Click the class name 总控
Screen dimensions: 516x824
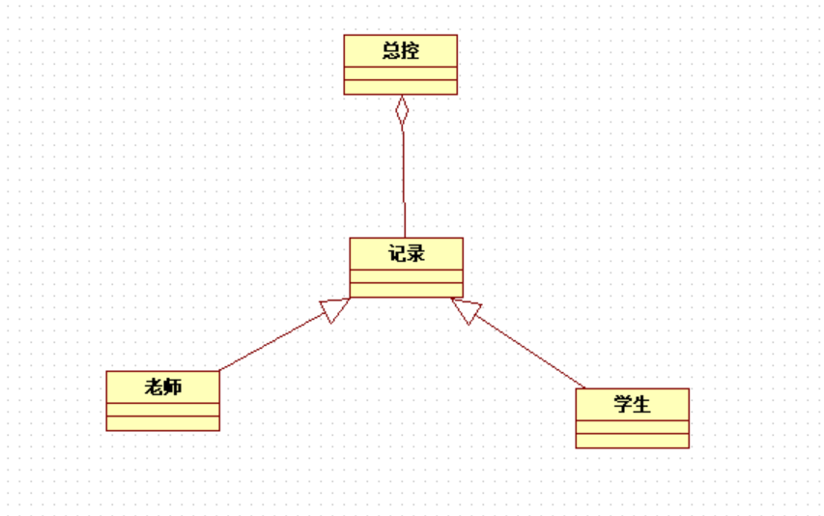click(x=400, y=51)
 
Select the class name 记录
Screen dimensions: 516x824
click(x=406, y=254)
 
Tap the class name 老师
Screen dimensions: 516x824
click(x=162, y=387)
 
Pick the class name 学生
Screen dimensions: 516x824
click(x=632, y=405)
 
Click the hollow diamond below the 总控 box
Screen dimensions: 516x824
click(x=402, y=111)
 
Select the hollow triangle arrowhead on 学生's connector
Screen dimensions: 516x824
click(x=467, y=309)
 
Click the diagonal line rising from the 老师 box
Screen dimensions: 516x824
click(x=270, y=344)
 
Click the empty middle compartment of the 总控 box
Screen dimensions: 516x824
click(x=400, y=73)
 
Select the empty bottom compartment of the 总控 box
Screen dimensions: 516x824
click(x=400, y=87)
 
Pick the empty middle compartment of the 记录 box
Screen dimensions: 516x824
click(x=406, y=276)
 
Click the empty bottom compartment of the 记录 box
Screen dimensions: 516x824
click(x=406, y=290)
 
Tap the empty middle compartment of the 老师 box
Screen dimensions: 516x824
click(x=162, y=410)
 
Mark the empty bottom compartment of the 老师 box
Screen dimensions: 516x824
click(x=162, y=423)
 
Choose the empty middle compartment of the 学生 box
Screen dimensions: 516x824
click(x=632, y=427)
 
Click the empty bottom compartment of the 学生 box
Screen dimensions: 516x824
click(x=632, y=441)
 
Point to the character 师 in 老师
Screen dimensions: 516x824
click(x=173, y=387)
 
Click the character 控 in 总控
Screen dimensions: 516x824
click(x=411, y=51)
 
